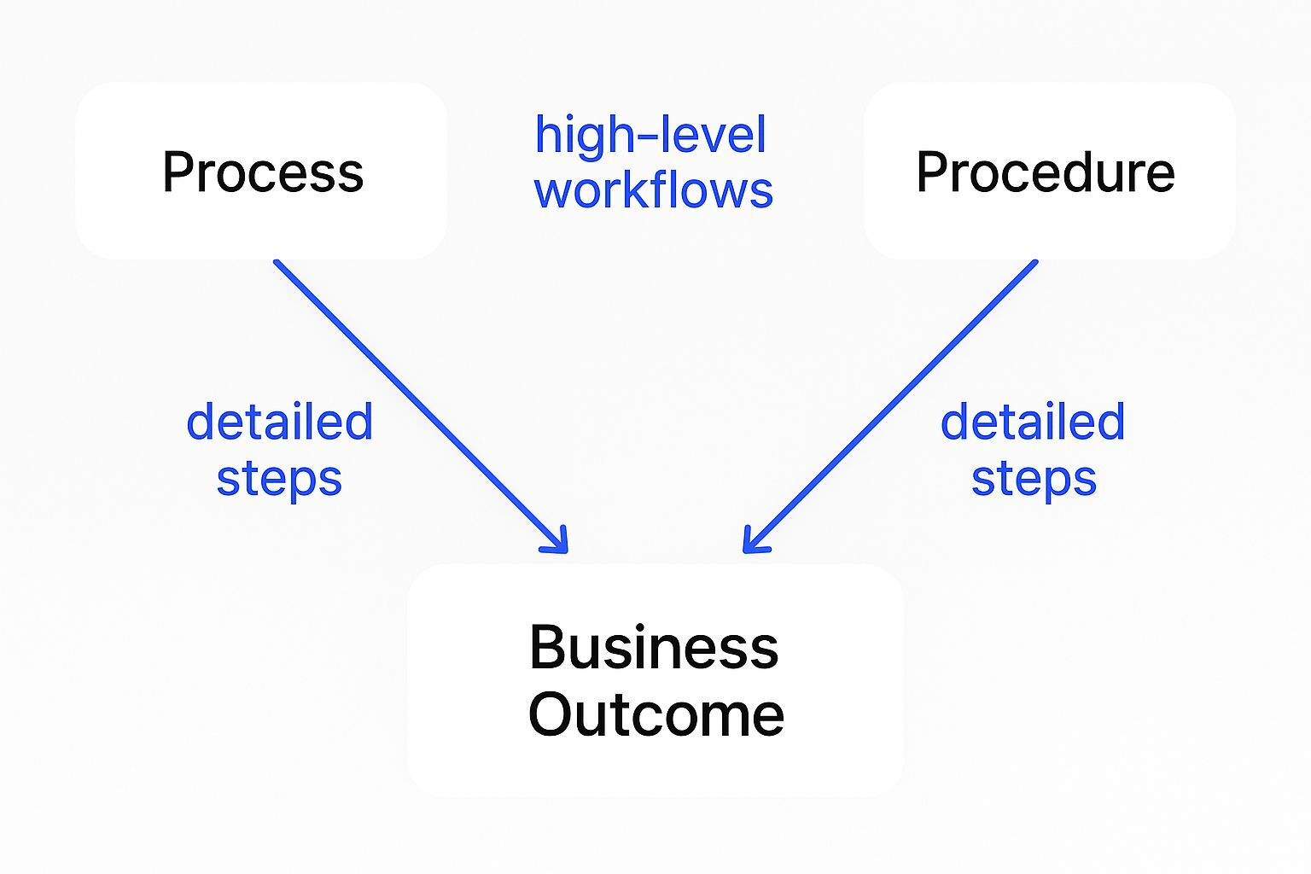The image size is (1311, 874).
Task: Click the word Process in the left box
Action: [x=263, y=172]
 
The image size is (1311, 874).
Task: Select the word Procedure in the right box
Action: [x=1045, y=172]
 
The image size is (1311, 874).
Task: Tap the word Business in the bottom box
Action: [x=654, y=648]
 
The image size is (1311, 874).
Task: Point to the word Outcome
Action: [x=655, y=714]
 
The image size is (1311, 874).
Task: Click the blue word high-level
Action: [x=650, y=136]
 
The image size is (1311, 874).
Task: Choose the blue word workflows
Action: [x=654, y=189]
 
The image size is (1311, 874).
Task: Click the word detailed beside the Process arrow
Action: [x=280, y=422]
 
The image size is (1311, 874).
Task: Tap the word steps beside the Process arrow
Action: [x=279, y=479]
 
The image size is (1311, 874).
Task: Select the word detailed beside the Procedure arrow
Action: [x=1033, y=422]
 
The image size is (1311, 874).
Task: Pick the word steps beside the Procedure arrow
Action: [x=1034, y=479]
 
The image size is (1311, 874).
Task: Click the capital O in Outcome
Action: [x=551, y=714]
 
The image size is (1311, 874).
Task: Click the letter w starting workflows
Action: [x=552, y=191]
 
